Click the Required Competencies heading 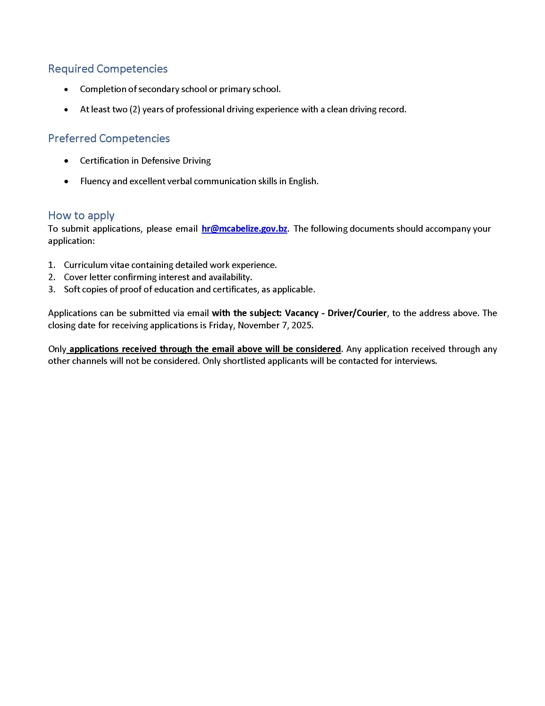tap(107, 69)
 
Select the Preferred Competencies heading tap(109, 138)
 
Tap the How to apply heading tap(81, 215)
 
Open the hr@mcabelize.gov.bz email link tap(244, 229)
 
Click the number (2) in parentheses tap(135, 109)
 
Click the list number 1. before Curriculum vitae tap(52, 265)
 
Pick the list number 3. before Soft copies tap(52, 289)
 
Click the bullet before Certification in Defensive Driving tap(66, 161)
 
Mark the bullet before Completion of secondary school tap(66, 90)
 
